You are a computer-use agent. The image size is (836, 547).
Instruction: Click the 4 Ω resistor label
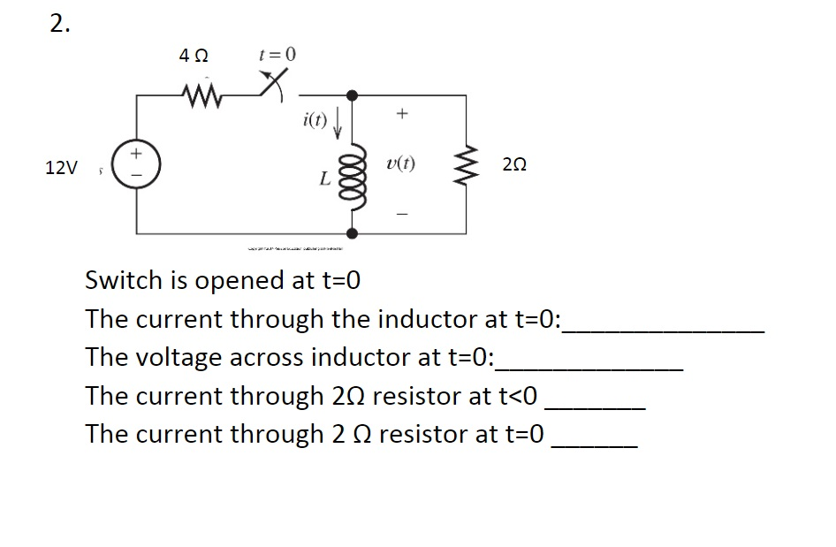pos(194,56)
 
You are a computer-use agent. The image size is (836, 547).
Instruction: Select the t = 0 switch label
pos(277,54)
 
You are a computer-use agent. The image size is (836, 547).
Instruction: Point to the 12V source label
pos(61,168)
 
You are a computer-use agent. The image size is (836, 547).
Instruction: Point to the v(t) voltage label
pos(402,164)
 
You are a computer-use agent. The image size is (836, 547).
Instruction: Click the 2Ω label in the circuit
pos(514,165)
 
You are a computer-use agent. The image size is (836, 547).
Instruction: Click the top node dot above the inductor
pos(353,95)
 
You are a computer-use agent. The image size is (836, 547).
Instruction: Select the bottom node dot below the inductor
pos(353,233)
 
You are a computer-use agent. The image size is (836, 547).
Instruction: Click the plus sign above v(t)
pos(401,114)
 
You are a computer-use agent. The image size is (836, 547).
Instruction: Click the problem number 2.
pos(58,26)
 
